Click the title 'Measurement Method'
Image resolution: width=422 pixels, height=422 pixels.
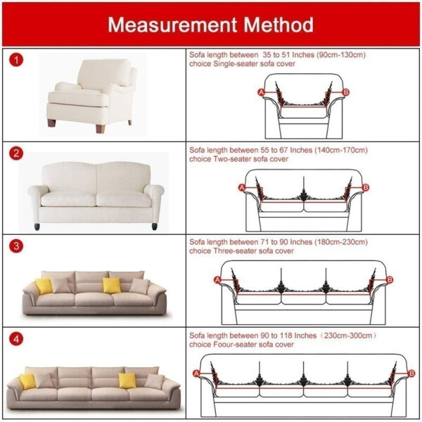click(211, 25)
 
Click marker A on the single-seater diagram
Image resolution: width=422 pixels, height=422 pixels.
click(261, 92)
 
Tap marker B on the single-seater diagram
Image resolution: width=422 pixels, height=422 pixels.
click(345, 92)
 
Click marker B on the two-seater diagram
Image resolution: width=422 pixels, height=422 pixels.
click(365, 187)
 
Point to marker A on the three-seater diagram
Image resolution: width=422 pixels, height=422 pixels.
click(217, 280)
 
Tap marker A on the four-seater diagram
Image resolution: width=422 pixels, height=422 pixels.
click(196, 373)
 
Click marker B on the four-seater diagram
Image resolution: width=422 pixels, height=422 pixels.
click(411, 373)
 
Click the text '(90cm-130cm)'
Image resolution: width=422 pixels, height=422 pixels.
click(341, 54)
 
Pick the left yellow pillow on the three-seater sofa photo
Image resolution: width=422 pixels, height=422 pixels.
click(44, 286)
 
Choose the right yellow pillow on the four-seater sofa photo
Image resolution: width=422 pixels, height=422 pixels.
click(127, 380)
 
